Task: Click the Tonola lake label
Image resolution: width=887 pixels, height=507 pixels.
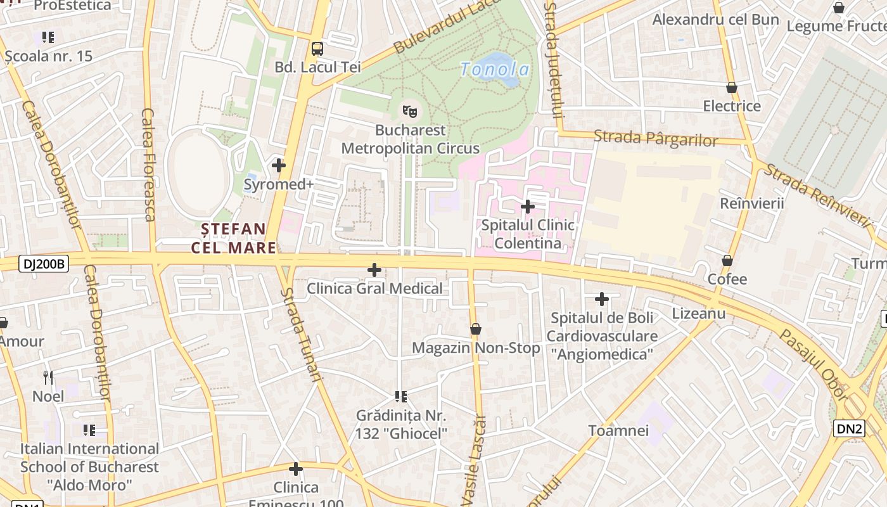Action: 495,69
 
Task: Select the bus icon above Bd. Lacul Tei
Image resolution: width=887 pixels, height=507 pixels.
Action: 317,49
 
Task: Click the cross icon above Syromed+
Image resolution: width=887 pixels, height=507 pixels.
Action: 279,165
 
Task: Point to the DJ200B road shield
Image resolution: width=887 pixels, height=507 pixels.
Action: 44,264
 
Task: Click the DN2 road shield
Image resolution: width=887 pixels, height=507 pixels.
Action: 849,429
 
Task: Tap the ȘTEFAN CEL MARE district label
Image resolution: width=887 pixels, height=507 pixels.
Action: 233,238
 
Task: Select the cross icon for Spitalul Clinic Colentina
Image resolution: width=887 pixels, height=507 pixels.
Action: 527,207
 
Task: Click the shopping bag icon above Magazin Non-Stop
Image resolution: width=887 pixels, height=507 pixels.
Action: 476,329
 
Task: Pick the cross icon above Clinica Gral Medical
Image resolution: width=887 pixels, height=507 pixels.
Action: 374,271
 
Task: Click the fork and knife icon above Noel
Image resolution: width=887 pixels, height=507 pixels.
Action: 48,378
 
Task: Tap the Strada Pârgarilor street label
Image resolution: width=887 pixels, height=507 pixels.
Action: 656,138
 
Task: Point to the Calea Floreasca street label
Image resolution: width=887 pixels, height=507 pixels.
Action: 148,165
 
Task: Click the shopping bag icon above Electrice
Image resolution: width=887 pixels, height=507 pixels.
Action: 732,87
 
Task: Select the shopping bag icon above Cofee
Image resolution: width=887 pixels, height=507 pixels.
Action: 727,260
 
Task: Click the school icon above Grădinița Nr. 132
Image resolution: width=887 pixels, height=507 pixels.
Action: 401,397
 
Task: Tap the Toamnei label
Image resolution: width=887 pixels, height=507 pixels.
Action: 618,431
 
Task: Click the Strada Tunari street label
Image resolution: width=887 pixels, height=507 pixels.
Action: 301,334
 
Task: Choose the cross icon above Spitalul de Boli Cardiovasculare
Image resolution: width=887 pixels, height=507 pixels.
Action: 602,298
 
